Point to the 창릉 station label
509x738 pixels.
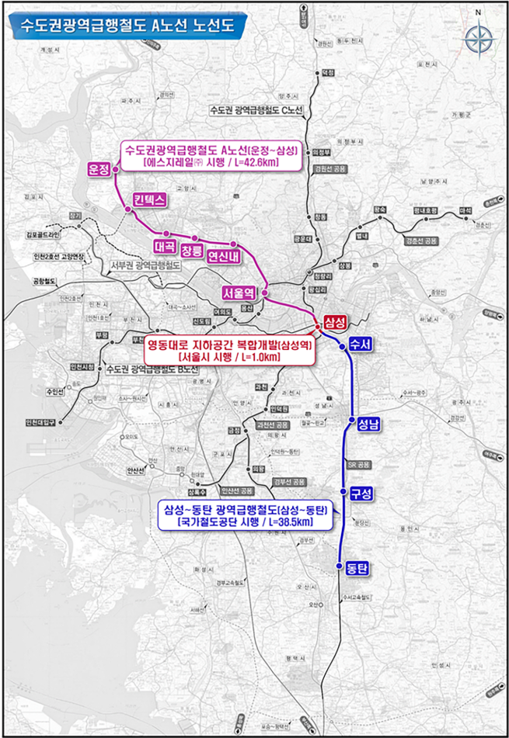(x=192, y=252)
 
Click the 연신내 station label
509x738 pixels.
(x=225, y=257)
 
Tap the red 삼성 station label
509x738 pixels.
(x=334, y=321)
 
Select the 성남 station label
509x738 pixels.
(x=368, y=424)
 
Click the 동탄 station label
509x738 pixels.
(x=357, y=568)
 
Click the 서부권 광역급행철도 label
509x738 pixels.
(x=146, y=266)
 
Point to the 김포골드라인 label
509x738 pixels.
(x=48, y=231)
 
